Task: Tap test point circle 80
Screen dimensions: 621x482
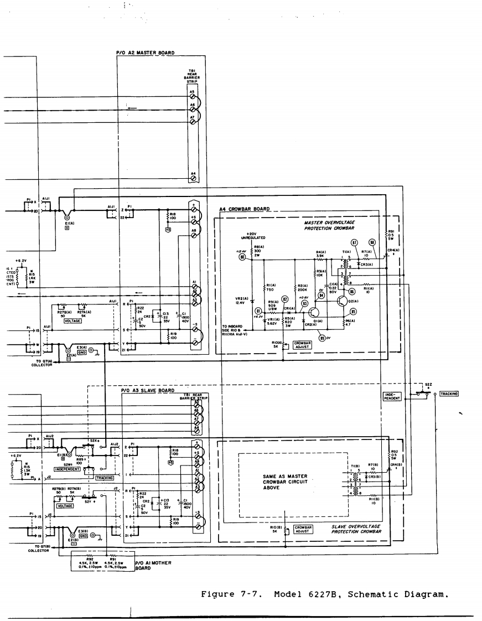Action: (241, 257)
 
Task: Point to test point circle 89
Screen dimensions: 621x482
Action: (322, 337)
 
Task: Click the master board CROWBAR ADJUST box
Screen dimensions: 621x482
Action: (302, 344)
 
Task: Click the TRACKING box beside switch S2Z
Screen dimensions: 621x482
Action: (449, 394)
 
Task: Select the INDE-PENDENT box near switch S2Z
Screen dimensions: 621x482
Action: (392, 396)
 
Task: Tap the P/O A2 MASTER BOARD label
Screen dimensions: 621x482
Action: (145, 53)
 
